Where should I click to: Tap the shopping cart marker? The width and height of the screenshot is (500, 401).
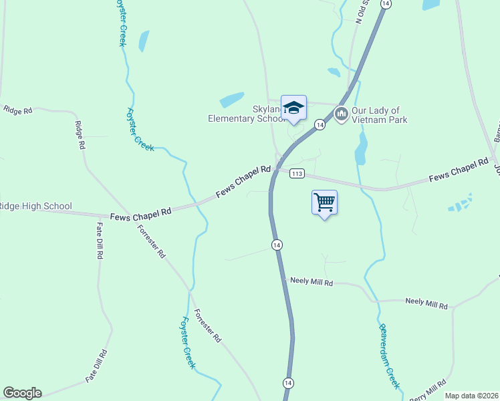coord(324,202)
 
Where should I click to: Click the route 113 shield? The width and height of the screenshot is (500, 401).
coord(297,174)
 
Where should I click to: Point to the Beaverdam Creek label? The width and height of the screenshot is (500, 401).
coord(389,356)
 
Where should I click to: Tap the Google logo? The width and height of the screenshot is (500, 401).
coord(22,393)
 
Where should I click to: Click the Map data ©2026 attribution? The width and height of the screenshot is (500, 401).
coord(471,396)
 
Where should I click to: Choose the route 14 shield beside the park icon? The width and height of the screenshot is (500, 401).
coord(320,125)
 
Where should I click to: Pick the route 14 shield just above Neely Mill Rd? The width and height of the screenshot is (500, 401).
coord(277,245)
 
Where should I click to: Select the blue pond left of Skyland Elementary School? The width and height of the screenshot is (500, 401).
coord(231,100)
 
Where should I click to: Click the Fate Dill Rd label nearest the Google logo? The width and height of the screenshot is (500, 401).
coord(97,366)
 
